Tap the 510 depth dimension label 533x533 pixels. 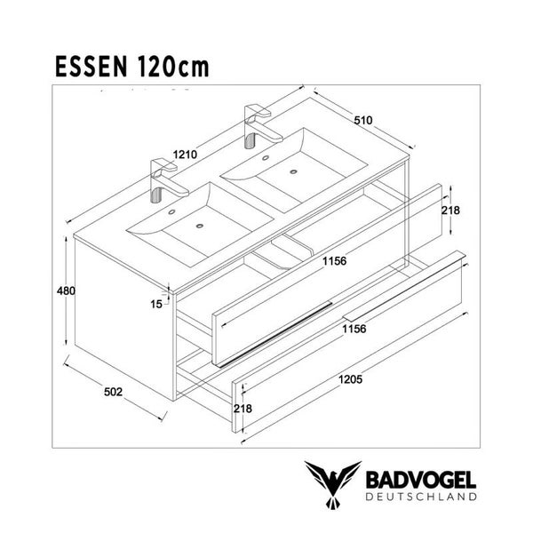(x=362, y=120)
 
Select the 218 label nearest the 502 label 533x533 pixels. (x=243, y=409)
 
